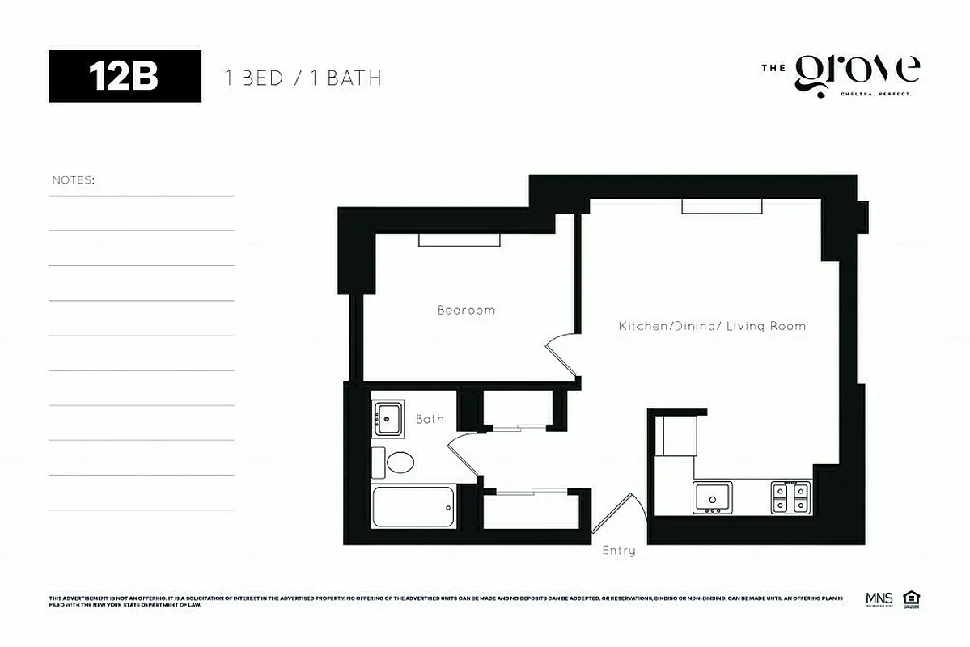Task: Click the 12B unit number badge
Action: (125, 77)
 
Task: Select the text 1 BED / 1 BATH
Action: (303, 78)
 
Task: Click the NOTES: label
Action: (74, 180)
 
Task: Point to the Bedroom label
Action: (466, 310)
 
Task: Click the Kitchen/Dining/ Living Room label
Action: (712, 326)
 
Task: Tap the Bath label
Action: (430, 419)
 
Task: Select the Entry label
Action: (619, 551)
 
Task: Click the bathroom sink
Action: (388, 418)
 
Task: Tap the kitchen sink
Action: (712, 497)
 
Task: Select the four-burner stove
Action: (790, 497)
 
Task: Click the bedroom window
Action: (459, 239)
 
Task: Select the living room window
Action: (722, 207)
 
